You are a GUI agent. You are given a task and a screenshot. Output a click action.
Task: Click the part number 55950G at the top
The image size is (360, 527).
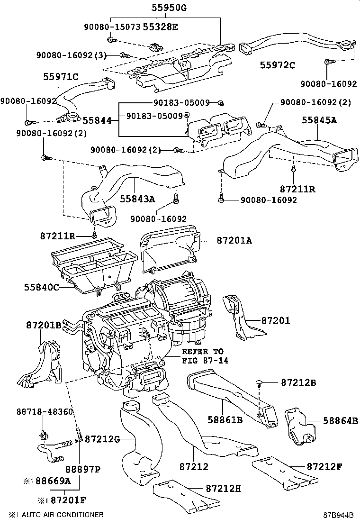coord(169,7)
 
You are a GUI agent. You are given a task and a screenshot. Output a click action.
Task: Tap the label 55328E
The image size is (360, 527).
coord(160,27)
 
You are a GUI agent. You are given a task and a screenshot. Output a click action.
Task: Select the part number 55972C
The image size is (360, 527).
coord(278,65)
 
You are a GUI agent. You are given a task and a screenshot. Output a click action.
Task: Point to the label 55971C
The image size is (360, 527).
coord(61,77)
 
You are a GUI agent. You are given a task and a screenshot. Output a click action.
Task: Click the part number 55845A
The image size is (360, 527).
coord(319,120)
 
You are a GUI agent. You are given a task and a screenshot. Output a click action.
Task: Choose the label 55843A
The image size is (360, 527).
coord(137,199)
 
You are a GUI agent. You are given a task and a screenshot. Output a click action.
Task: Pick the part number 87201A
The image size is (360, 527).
coord(234,240)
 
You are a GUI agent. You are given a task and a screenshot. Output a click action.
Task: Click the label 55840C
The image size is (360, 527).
coord(42,287)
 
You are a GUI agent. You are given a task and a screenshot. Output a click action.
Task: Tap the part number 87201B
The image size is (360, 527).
coord(44,325)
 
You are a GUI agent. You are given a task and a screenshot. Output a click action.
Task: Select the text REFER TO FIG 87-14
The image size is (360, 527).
coord(205,356)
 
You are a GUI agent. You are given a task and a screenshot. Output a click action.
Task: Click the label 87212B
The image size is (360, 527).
coord(298,382)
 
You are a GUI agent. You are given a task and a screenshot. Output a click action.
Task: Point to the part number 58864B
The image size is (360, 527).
coord(341,420)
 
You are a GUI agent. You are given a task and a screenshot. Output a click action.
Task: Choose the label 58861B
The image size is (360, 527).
coord(225,419)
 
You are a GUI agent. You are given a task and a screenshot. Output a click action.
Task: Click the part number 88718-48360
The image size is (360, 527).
coord(45,411)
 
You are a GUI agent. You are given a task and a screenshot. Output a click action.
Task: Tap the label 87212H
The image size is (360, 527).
coord(223,488)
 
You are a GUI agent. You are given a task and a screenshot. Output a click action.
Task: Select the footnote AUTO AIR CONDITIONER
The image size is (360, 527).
coord(63,515)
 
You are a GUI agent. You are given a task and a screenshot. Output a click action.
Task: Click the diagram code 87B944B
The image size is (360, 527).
coord(339,515)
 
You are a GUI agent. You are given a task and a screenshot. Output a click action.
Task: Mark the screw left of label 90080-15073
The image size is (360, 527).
coord(111,40)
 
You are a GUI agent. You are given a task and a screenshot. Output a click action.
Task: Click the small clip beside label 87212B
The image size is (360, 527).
coord(259,382)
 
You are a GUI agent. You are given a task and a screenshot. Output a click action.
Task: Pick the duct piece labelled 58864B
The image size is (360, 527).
coord(299,426)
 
